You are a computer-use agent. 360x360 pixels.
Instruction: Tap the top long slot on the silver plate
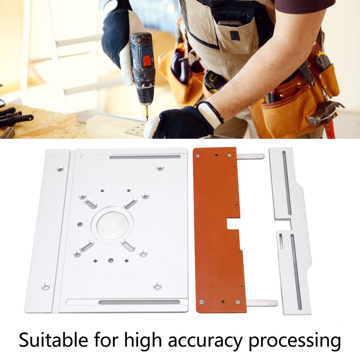pyautogui.click(x=144, y=157)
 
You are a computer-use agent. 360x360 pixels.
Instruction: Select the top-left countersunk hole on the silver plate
pyautogui.click(x=60, y=170)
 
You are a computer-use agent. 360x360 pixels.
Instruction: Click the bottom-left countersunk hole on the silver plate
pyautogui.click(x=45, y=286)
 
